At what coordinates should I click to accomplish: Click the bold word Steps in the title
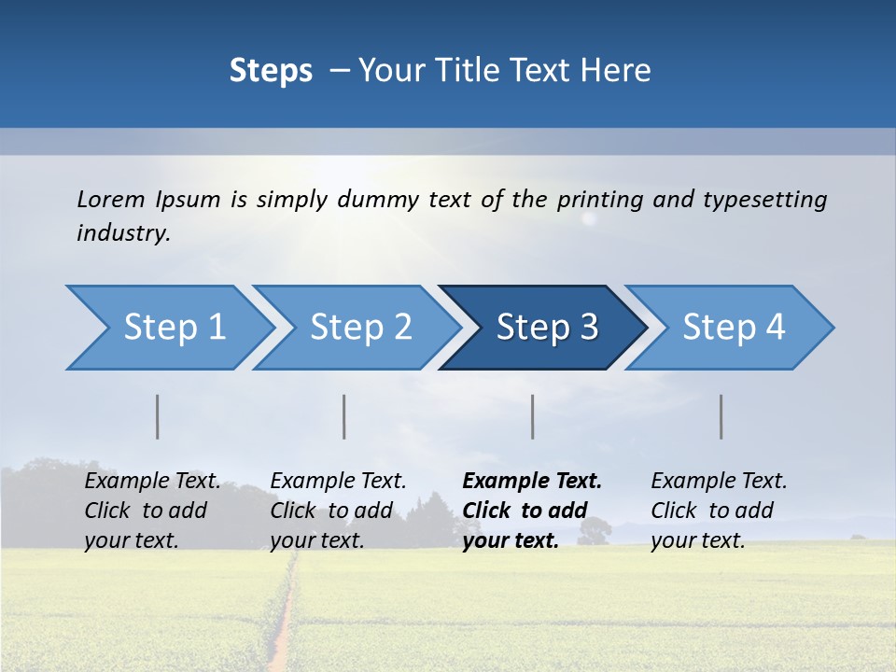271,71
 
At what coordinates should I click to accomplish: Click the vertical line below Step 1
158,416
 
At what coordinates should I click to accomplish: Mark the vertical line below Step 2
344,416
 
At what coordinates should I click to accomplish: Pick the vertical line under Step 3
533,416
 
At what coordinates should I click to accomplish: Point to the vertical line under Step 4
721,416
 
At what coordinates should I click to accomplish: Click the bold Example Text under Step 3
532,482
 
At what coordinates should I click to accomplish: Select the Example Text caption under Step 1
153,482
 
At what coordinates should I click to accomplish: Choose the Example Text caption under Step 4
719,482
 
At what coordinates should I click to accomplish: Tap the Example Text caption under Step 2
338,482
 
